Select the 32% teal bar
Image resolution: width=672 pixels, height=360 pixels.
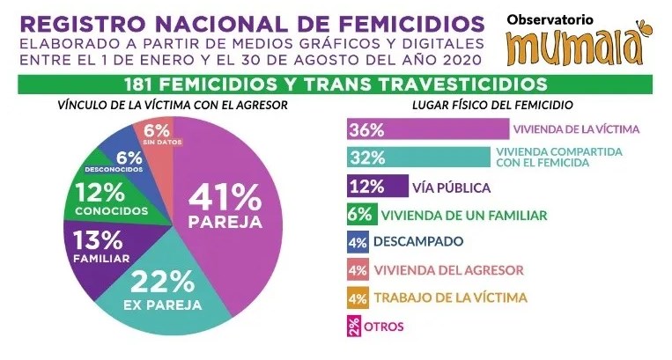[x=414, y=158]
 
